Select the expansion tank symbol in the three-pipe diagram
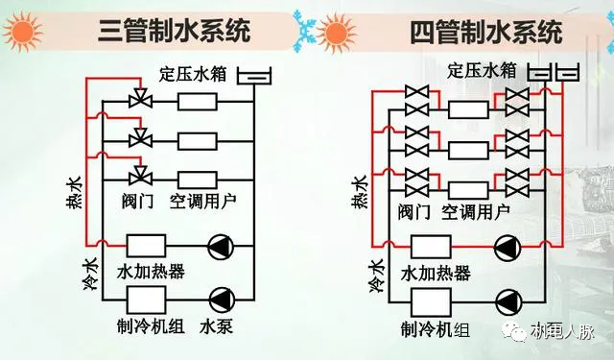252,72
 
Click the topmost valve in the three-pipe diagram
140,101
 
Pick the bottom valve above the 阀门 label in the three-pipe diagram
140,175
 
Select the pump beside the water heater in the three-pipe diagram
222,248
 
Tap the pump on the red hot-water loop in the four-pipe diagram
506,248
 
